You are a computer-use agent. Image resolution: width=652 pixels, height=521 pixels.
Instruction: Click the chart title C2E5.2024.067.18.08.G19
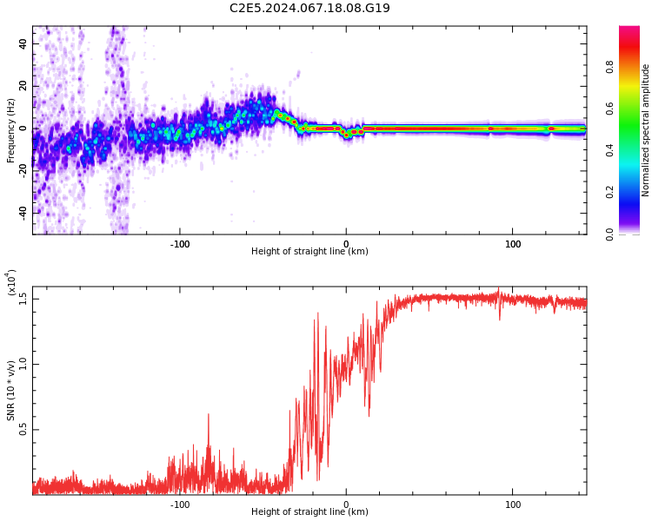click(309, 8)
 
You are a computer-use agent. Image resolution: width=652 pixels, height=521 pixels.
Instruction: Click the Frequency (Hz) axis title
click(11, 130)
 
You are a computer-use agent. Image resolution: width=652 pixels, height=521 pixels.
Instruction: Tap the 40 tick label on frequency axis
click(23, 43)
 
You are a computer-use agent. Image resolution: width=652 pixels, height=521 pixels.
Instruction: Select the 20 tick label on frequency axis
click(23, 86)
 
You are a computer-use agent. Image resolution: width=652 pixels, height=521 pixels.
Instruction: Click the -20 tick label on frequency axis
click(22, 170)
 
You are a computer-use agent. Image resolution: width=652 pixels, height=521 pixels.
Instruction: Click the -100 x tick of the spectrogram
click(180, 243)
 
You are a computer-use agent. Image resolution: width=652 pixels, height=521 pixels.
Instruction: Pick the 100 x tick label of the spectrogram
click(513, 243)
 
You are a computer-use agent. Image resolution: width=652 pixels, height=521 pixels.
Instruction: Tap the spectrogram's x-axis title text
click(309, 252)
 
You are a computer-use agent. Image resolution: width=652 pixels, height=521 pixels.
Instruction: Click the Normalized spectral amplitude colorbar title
click(646, 130)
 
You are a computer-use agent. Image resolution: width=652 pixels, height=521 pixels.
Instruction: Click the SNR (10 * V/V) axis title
click(11, 391)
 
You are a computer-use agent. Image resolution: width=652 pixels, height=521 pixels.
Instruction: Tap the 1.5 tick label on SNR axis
click(23, 298)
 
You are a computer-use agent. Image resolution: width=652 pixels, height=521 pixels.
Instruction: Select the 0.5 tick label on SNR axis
click(23, 430)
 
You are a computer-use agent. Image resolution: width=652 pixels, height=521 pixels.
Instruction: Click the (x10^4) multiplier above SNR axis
click(11, 283)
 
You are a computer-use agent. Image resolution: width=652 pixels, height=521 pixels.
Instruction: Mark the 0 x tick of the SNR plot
click(346, 504)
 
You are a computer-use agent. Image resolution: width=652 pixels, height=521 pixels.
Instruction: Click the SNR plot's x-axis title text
click(309, 512)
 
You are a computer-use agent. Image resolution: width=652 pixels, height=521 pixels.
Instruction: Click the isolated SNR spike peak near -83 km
click(209, 414)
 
